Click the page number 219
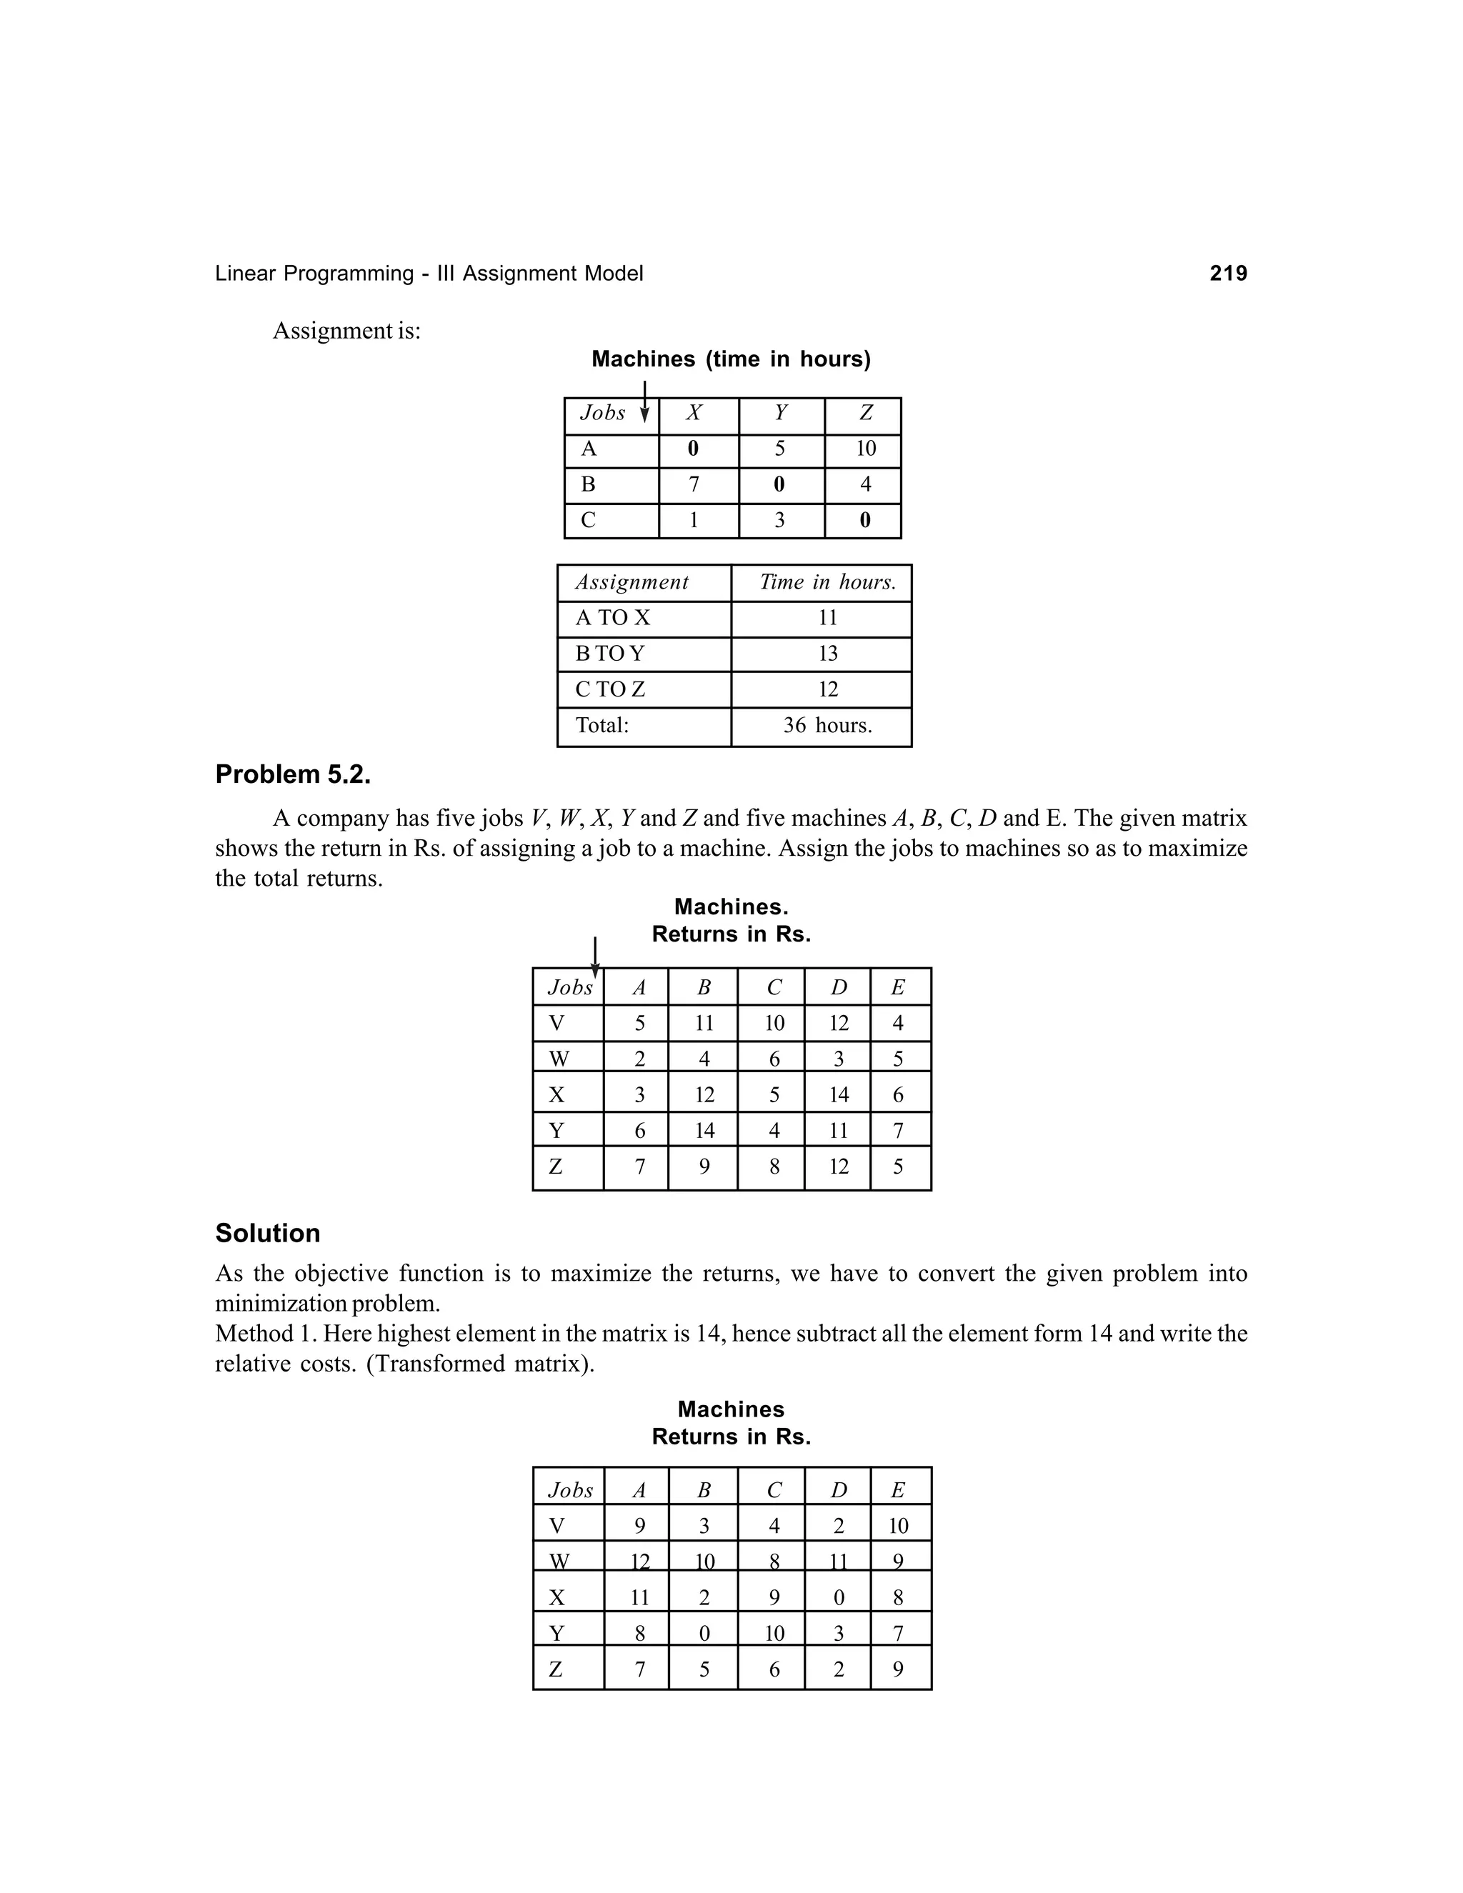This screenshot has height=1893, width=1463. point(1227,274)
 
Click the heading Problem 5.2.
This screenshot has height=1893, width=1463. point(293,774)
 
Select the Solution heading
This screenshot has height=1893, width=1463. point(268,1234)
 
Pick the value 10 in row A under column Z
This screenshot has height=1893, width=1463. point(865,449)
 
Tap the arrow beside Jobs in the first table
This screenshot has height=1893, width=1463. point(644,402)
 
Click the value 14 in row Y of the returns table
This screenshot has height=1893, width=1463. point(704,1131)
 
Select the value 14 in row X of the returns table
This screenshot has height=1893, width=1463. point(838,1094)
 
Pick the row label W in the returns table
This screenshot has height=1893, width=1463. point(559,1059)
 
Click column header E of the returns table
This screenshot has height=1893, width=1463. point(898,987)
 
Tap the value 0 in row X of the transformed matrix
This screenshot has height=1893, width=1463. point(838,1597)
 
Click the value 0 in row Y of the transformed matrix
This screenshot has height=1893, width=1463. point(704,1634)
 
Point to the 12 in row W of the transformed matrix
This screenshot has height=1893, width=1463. point(639,1562)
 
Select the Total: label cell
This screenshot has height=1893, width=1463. point(602,726)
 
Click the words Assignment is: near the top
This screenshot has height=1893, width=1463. point(346,331)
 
